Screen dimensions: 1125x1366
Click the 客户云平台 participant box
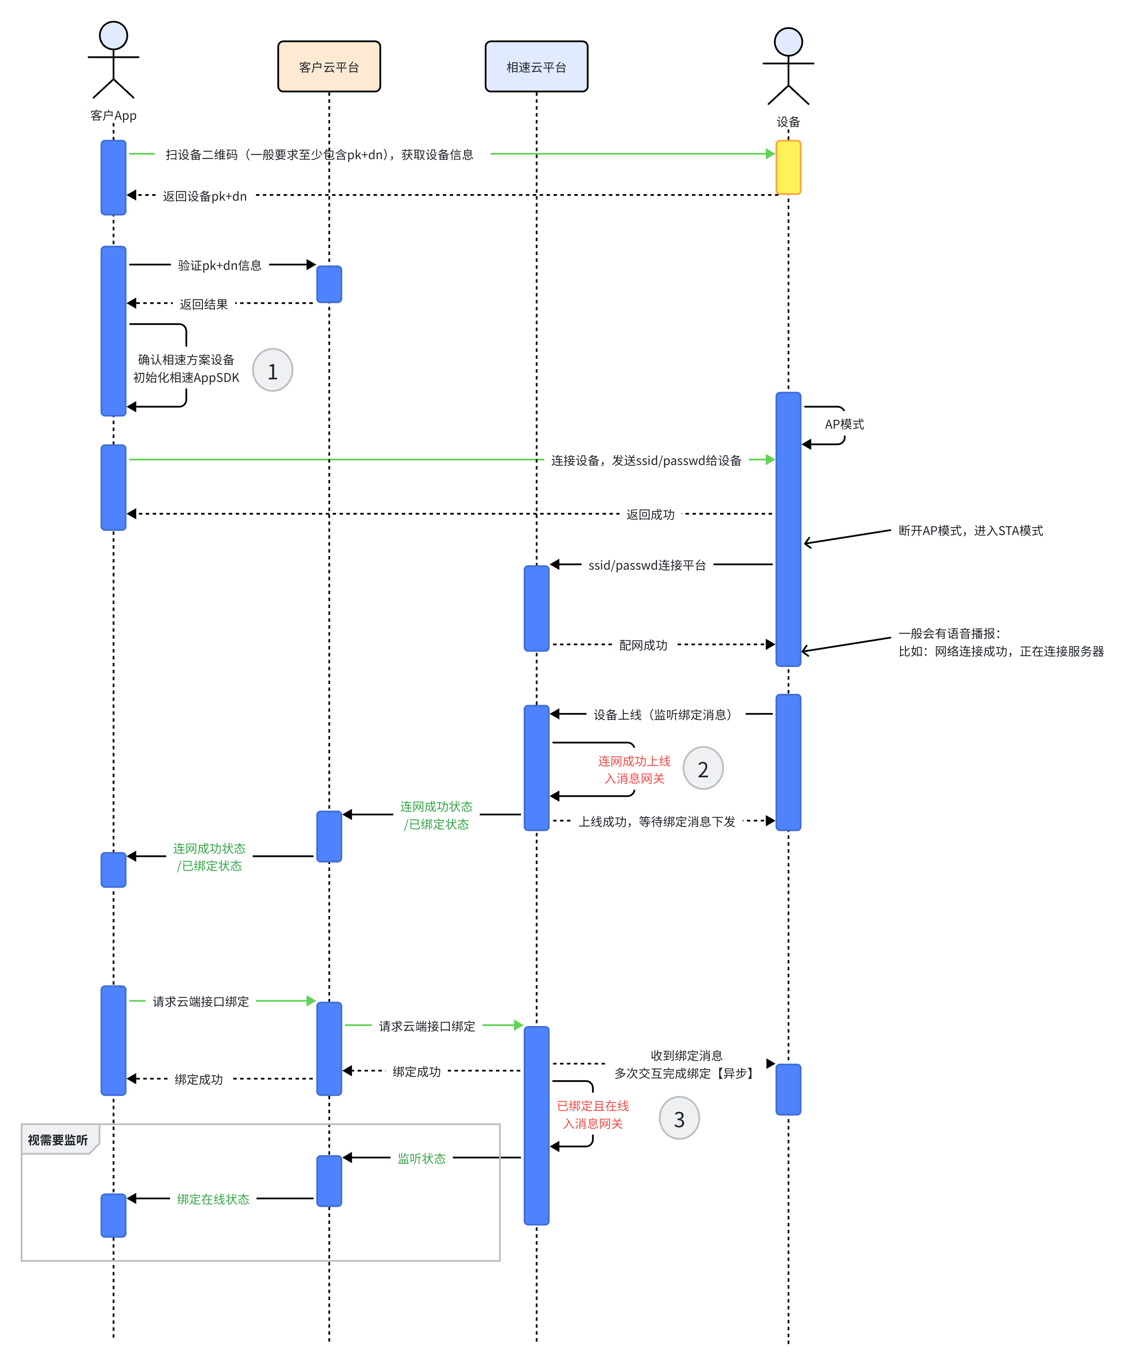(x=329, y=67)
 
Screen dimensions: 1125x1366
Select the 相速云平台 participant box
(x=537, y=67)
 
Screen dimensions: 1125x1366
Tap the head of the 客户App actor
(x=113, y=35)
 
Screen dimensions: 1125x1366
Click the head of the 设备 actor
(x=788, y=42)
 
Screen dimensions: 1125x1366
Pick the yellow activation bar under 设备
(x=788, y=167)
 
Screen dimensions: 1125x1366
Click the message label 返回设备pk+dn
(x=205, y=196)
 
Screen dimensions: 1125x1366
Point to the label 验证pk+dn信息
(x=220, y=265)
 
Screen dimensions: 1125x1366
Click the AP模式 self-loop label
(x=844, y=424)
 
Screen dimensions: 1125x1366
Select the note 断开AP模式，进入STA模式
(x=971, y=531)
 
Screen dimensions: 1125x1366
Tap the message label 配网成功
(x=643, y=645)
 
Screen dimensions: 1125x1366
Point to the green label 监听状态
(x=421, y=1159)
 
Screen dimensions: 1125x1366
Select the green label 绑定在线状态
(x=213, y=1199)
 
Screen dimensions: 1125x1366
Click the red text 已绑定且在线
(x=593, y=1106)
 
